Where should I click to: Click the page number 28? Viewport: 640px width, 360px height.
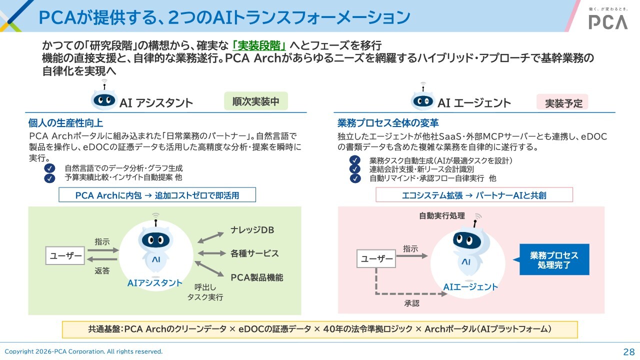tap(629, 351)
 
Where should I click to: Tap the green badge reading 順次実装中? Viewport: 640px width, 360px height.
tap(256, 101)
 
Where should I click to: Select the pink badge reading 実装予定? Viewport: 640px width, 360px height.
tap(562, 102)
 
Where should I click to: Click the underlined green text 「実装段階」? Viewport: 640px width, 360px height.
tap(259, 45)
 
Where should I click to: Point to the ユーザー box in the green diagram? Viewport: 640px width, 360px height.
tap(65, 255)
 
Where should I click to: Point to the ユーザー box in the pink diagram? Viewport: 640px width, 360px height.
tap(376, 258)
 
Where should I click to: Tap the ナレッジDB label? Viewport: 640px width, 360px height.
tap(252, 230)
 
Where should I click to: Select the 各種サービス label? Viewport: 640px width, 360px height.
tap(254, 253)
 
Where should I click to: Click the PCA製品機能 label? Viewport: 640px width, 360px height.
tap(257, 277)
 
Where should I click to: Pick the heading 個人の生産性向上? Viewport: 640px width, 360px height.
tap(65, 123)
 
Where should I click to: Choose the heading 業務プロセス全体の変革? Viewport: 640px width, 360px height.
tap(388, 123)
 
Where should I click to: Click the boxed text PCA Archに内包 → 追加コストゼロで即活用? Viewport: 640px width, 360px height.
tap(157, 195)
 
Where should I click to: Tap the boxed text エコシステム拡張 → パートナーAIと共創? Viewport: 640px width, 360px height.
tap(474, 195)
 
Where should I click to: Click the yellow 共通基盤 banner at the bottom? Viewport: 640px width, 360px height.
tap(320, 329)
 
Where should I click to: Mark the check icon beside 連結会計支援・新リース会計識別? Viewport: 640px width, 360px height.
tap(355, 169)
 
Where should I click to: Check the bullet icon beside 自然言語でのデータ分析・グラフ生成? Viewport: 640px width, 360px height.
tap(49, 168)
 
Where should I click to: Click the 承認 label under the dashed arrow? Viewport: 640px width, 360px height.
tap(411, 303)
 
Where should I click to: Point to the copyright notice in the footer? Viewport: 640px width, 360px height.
tap(83, 351)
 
